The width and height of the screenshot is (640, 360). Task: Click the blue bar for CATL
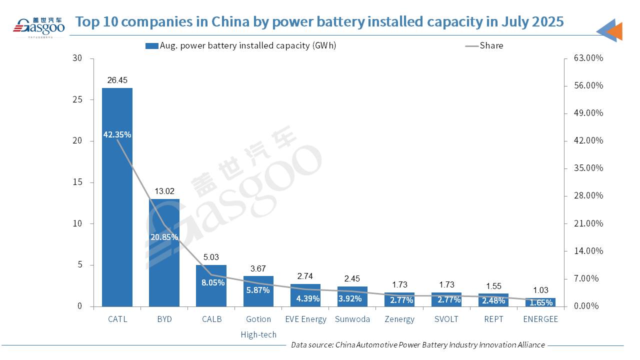pyautogui.click(x=117, y=210)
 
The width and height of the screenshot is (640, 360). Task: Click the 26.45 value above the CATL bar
pyautogui.click(x=117, y=80)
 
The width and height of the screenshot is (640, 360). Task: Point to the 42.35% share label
pyautogui.click(x=117, y=134)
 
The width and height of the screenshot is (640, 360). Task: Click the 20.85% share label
pyautogui.click(x=164, y=237)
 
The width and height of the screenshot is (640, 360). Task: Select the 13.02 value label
pyautogui.click(x=164, y=190)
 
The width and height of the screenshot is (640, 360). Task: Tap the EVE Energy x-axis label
pyautogui.click(x=305, y=319)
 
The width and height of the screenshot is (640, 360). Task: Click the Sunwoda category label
pyautogui.click(x=352, y=319)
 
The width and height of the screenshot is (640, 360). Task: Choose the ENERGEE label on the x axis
pyautogui.click(x=540, y=319)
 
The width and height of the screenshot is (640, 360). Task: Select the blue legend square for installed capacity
pyautogui.click(x=151, y=46)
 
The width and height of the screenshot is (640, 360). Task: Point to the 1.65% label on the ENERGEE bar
pyautogui.click(x=540, y=302)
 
